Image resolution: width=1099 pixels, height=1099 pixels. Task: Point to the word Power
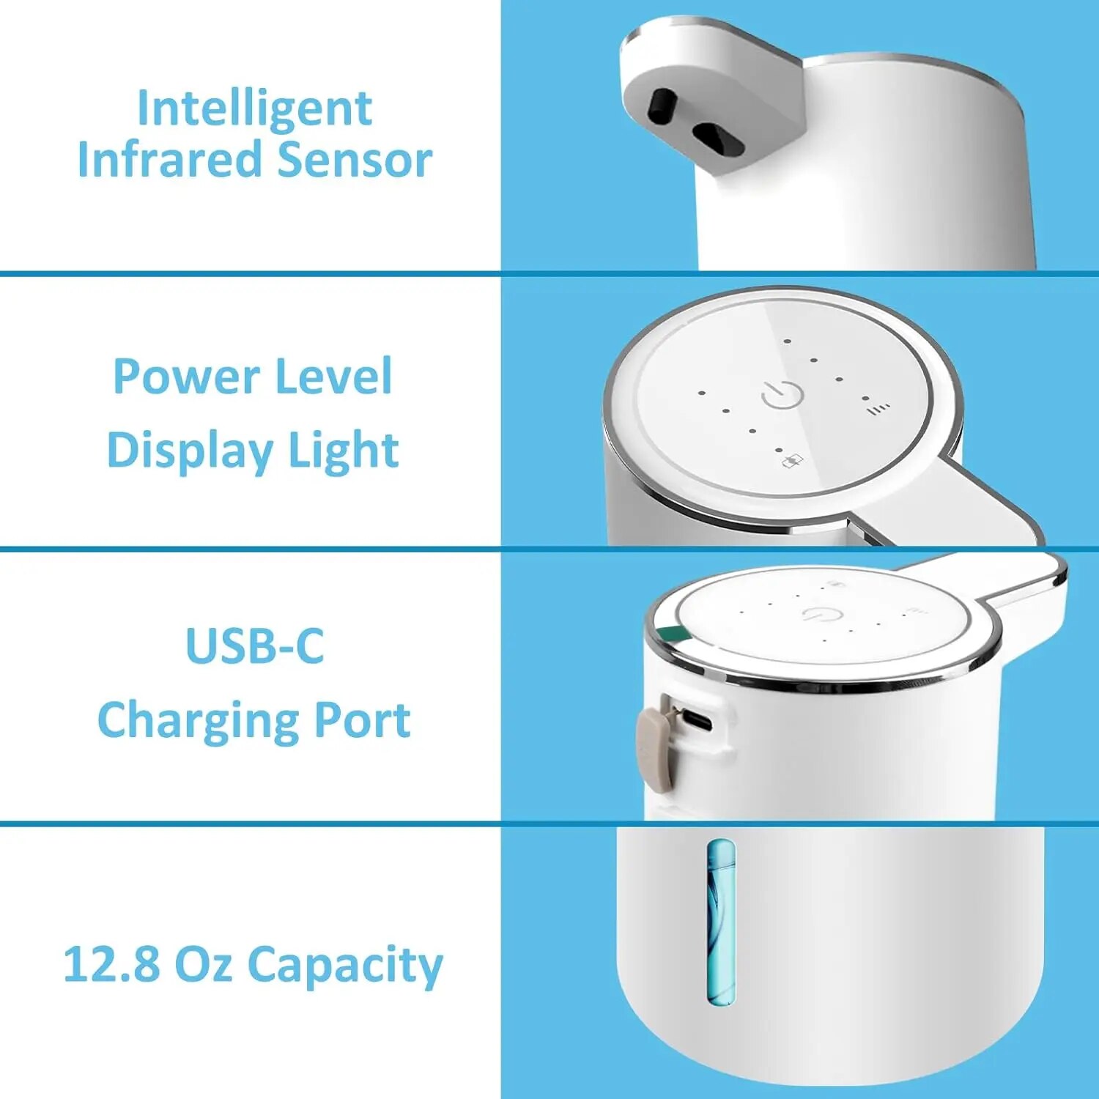pos(186,377)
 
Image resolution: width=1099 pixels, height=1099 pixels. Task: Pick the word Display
pos(190,450)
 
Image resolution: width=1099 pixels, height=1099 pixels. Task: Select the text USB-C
pos(254,646)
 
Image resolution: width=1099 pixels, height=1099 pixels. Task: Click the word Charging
pos(196,720)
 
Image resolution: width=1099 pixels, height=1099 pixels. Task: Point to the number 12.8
pos(111,964)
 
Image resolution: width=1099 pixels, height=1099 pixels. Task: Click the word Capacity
pos(345,964)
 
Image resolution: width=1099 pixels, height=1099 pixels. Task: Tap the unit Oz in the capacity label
pos(204,964)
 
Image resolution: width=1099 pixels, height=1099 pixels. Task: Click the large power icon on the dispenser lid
pos(782,394)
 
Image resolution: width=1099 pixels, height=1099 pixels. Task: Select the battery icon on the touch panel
pos(793,461)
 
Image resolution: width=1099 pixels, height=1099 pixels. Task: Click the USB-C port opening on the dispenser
pos(697,722)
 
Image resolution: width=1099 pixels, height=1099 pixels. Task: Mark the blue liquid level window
pos(721,922)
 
